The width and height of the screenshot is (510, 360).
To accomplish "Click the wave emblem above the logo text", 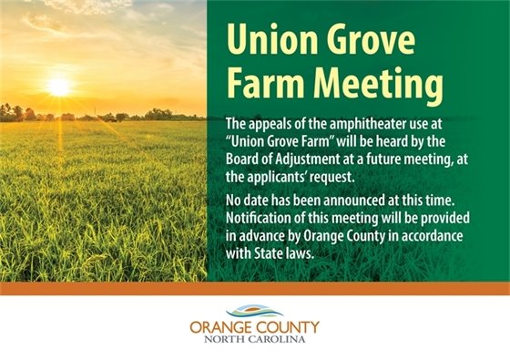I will click(x=255, y=313).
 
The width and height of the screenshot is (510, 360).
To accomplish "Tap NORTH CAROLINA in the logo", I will click(x=255, y=340).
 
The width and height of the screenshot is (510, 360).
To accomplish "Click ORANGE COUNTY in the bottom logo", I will click(x=255, y=327).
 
